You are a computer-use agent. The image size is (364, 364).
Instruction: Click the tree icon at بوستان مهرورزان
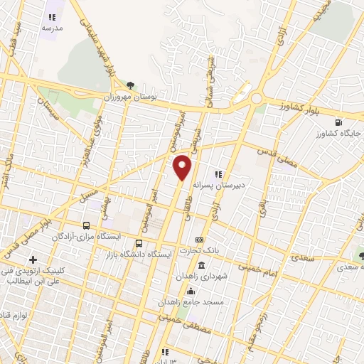[129, 85]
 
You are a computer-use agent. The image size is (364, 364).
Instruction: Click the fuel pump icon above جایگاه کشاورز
[338, 122]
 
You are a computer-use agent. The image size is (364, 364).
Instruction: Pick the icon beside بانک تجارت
[199, 240]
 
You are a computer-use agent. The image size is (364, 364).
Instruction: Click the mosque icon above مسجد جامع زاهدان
[190, 291]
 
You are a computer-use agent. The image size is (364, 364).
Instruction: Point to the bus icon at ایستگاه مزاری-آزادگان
[86, 225]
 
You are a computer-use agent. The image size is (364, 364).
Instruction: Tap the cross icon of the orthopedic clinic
[33, 259]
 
